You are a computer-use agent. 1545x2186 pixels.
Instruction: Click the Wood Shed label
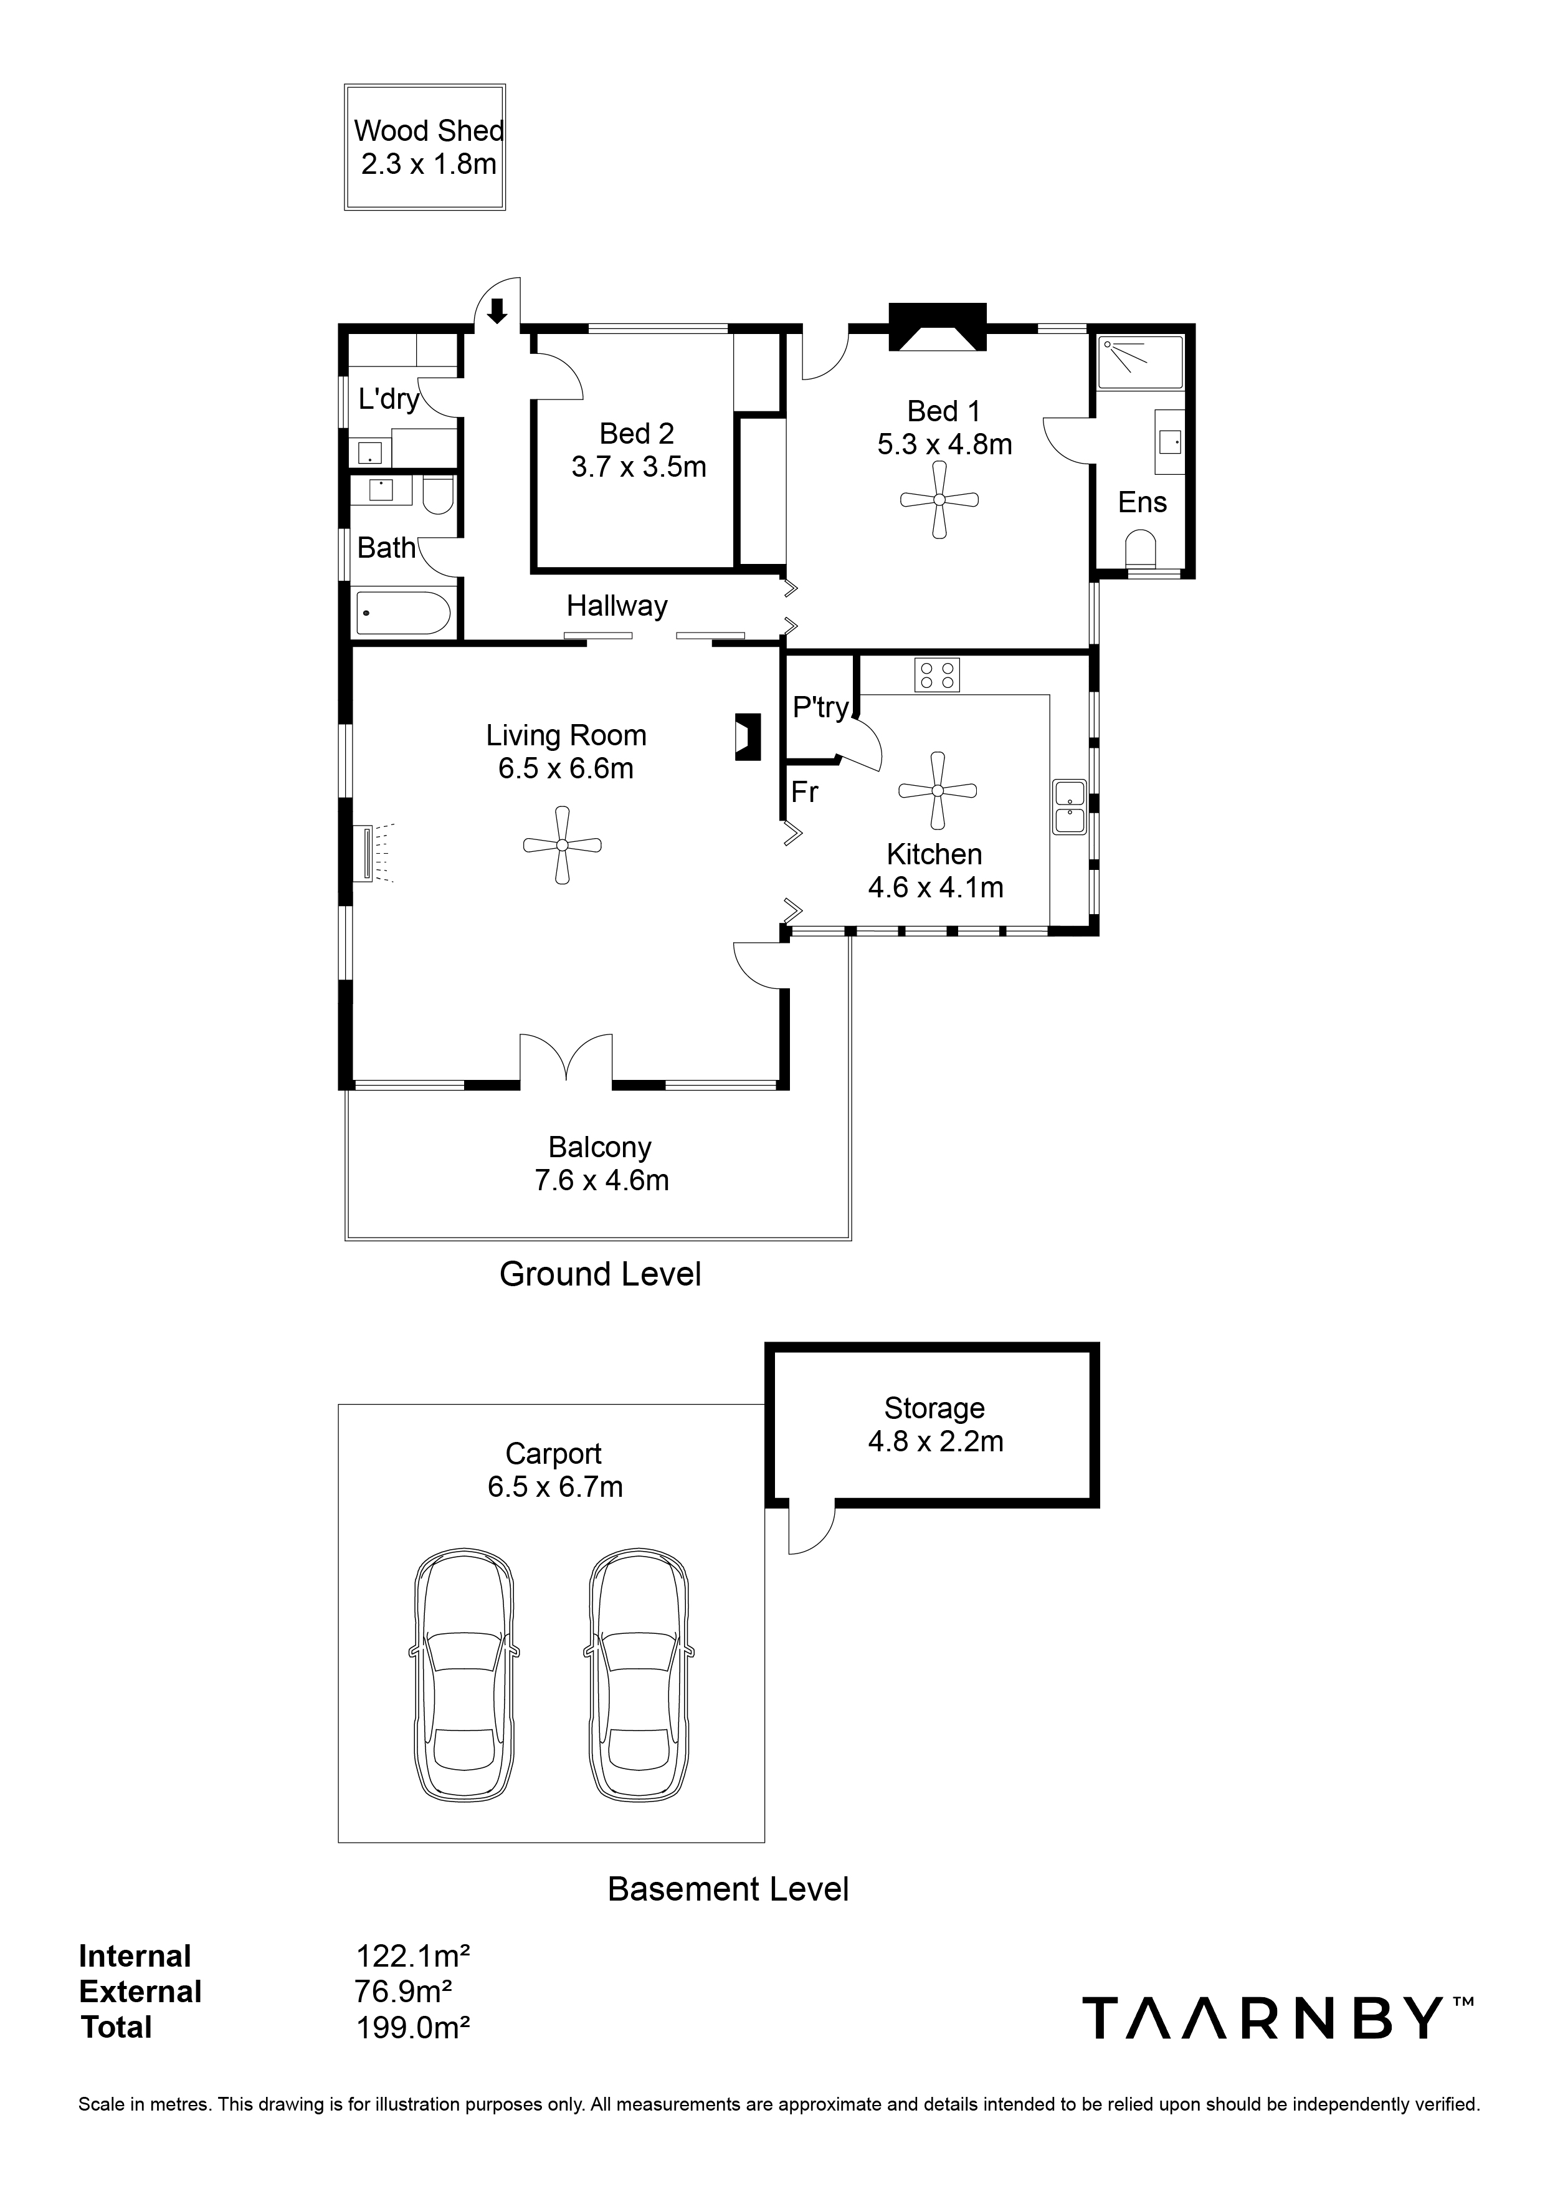pos(429,130)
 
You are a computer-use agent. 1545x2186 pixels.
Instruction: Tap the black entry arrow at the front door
pos(496,310)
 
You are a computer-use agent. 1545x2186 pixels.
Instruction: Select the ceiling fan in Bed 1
pos(939,500)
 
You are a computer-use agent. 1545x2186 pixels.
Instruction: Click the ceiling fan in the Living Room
pos(563,846)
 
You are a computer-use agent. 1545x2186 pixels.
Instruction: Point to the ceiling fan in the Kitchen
pos(938,790)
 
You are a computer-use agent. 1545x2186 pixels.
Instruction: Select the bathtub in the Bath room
pos(402,614)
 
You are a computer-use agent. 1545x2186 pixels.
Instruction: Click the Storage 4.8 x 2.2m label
pos(935,1425)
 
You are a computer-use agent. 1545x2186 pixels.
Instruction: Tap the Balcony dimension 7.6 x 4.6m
pos(602,1181)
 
